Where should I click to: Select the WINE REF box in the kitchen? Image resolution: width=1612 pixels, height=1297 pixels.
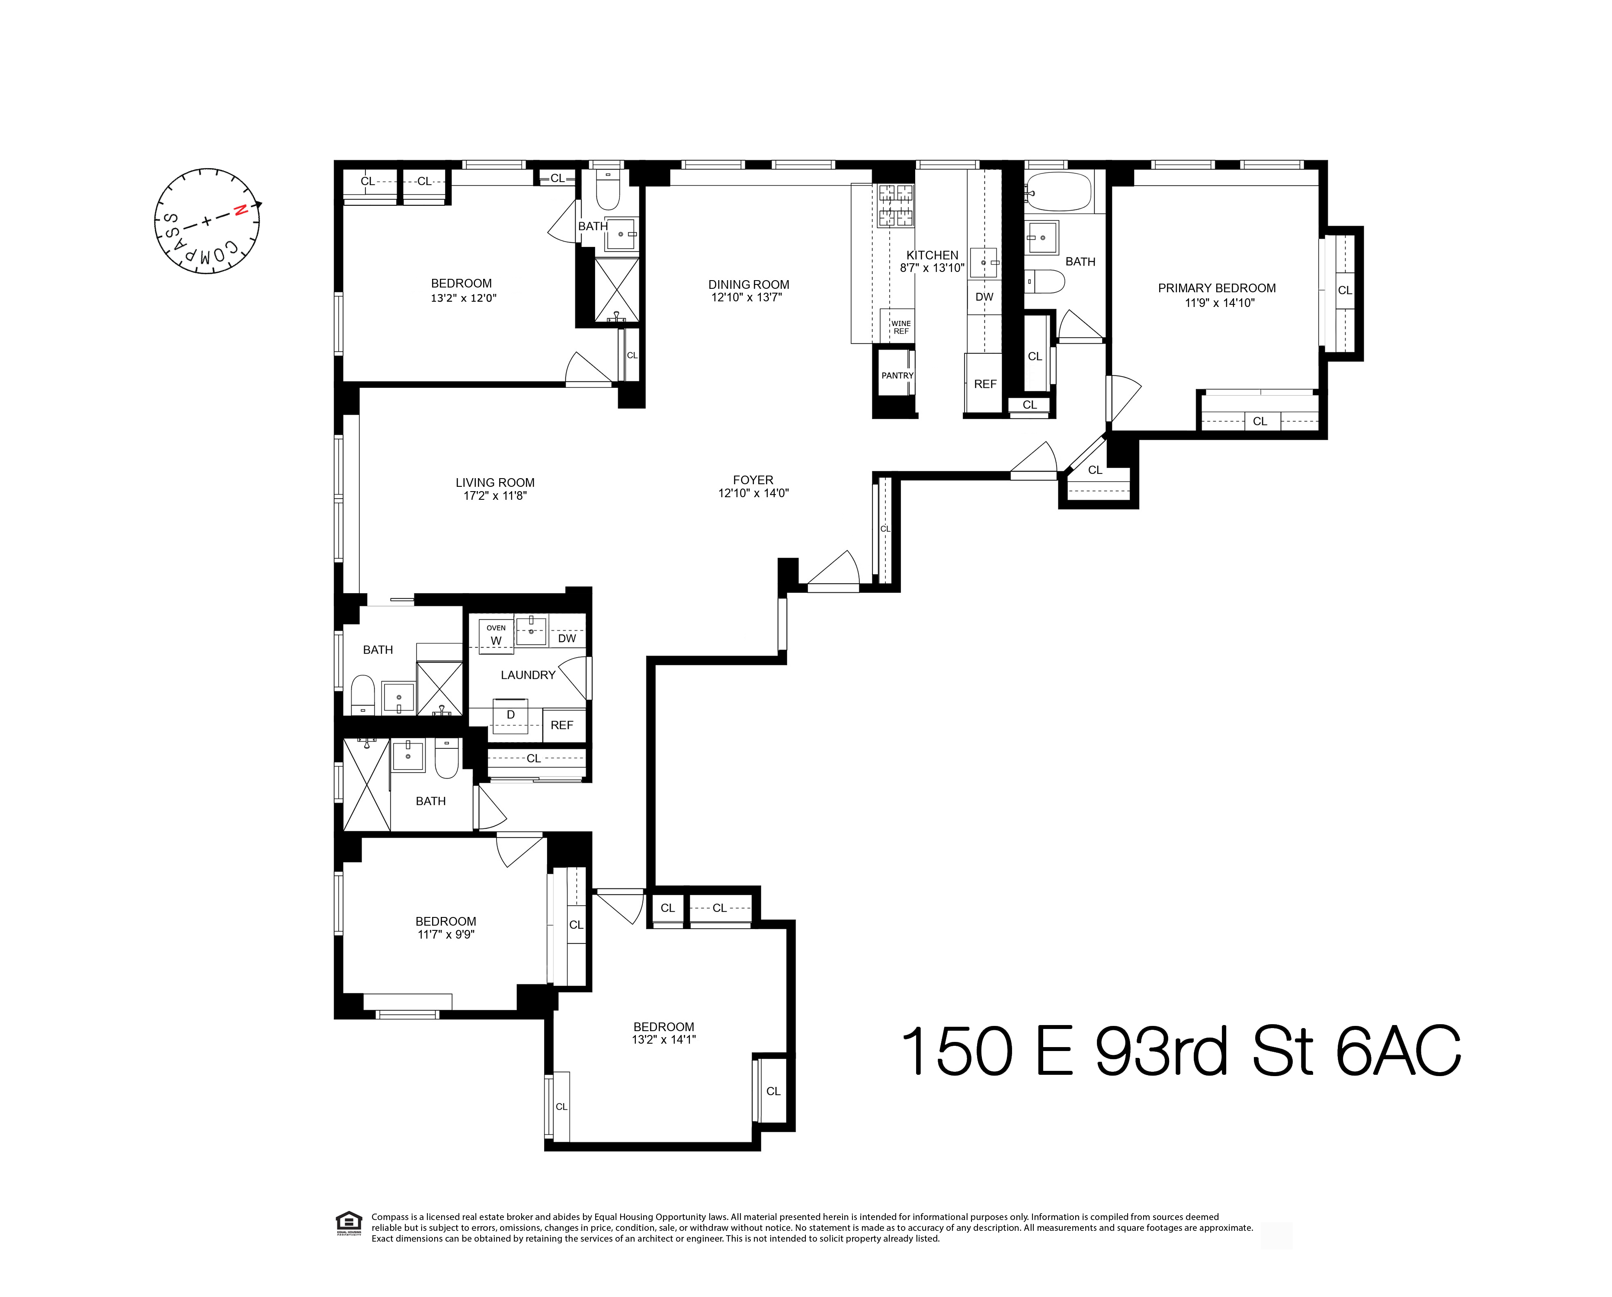(x=900, y=327)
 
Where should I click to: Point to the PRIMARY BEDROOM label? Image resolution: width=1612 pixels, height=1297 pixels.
(x=1217, y=288)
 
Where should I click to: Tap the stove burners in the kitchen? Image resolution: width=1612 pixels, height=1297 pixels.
(x=896, y=206)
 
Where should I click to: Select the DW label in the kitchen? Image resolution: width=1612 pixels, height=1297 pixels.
(x=984, y=297)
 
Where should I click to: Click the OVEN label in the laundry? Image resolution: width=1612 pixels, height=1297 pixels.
(x=496, y=628)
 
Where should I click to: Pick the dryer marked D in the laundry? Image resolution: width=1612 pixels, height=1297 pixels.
(x=511, y=716)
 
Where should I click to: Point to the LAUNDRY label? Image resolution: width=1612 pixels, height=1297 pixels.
(x=528, y=675)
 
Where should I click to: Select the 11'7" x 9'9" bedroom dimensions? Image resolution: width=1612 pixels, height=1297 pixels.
(x=445, y=934)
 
